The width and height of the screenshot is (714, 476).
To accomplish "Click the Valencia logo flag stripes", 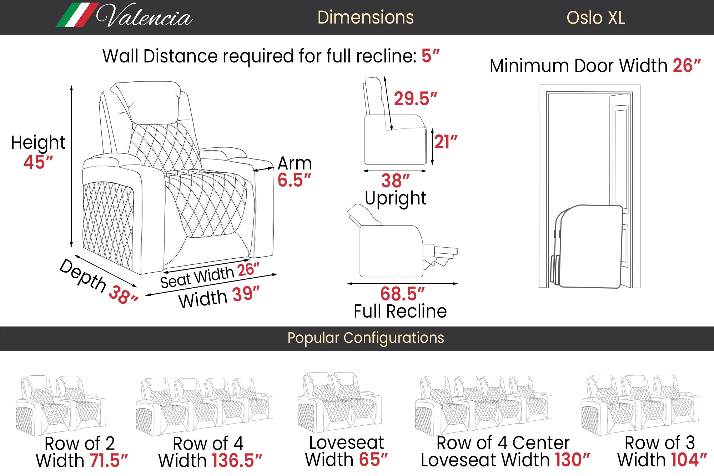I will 77,15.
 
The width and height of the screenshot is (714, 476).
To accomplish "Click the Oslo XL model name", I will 595,18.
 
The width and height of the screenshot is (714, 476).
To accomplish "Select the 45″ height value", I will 38,162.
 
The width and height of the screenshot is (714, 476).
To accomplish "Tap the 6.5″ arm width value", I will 294,180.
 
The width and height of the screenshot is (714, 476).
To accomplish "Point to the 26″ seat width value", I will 248,270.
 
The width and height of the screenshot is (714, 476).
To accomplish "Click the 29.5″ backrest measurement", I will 415,98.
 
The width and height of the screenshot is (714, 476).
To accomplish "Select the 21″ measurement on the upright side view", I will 446,142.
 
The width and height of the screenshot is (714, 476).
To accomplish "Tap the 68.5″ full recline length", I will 402,294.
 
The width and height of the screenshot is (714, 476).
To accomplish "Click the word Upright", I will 396,198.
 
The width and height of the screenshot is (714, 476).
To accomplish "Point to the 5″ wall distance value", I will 430,56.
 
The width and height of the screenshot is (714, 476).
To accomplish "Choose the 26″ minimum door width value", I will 687,66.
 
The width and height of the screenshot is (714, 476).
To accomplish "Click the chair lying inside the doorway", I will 589,246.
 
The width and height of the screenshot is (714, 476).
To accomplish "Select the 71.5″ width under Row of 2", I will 109,461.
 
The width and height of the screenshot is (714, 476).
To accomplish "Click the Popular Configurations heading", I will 366,338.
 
